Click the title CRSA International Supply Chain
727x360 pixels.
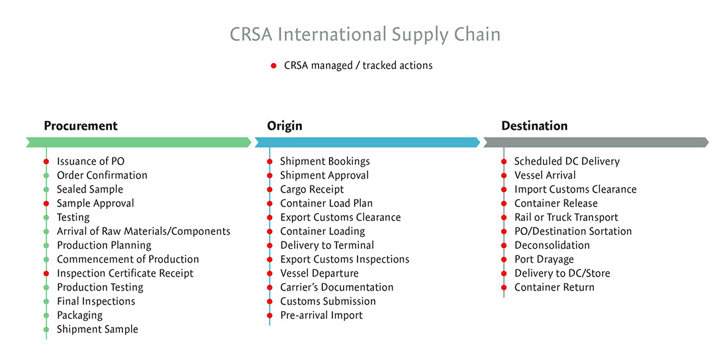[365, 35]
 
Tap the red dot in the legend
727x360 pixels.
[273, 66]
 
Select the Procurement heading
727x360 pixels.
[81, 126]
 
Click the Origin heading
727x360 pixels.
[285, 126]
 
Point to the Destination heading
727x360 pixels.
[534, 126]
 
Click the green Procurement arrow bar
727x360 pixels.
[138, 142]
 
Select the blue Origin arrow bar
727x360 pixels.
[367, 142]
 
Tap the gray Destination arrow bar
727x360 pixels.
[597, 142]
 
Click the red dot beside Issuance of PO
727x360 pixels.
[46, 161]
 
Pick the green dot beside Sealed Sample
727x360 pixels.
[46, 189]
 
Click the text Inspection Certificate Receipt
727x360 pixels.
[125, 273]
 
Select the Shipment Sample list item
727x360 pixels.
[97, 330]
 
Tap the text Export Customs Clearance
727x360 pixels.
[340, 217]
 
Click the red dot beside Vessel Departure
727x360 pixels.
[269, 273]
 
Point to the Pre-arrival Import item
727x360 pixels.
[321, 316]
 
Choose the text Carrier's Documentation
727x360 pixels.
[336, 287]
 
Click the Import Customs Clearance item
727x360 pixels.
[575, 189]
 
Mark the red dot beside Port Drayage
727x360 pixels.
[504, 259]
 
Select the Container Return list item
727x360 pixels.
[554, 287]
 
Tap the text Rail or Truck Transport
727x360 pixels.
[566, 217]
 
